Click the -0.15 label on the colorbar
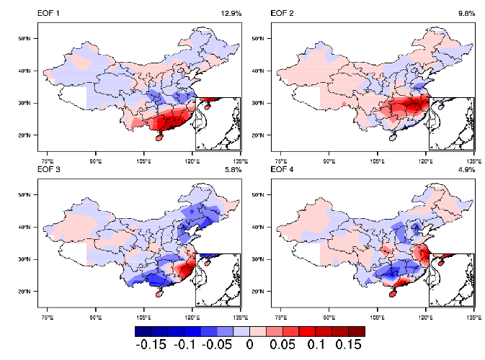[x=151, y=344]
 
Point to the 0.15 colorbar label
[x=345, y=344]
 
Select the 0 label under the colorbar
[x=249, y=344]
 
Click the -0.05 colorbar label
[x=216, y=344]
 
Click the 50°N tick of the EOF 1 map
[x=30, y=38]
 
